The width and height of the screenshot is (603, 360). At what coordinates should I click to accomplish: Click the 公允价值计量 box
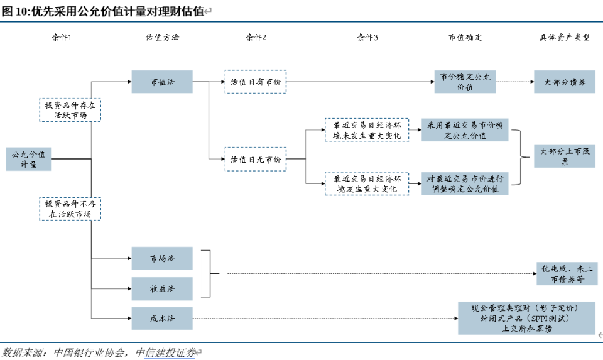tap(28, 159)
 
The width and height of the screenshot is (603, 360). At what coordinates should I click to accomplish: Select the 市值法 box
tap(162, 82)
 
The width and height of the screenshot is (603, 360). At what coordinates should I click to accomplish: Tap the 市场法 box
tap(162, 258)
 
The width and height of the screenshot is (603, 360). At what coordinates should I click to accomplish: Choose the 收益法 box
tap(162, 288)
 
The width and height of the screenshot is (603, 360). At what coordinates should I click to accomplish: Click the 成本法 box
tap(162, 319)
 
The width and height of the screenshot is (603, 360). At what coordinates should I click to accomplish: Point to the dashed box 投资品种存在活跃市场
tap(70, 110)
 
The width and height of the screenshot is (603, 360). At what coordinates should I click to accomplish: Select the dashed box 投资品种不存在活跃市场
tap(70, 209)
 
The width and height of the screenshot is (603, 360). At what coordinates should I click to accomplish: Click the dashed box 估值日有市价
tap(256, 82)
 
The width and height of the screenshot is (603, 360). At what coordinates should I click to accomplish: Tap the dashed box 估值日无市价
tap(256, 160)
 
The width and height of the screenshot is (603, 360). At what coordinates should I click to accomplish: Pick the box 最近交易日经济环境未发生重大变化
tap(366, 130)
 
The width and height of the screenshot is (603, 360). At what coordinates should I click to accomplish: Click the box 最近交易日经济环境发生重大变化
tap(366, 183)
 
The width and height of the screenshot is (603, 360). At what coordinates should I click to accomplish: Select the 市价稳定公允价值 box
tap(465, 82)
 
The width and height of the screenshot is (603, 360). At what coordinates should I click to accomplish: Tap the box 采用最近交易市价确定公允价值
tap(465, 130)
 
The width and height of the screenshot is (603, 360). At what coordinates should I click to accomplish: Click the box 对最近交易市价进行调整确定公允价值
tap(465, 183)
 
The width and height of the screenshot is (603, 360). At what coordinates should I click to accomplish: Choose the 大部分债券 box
tap(565, 82)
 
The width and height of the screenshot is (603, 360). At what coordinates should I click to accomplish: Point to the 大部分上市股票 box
tap(565, 156)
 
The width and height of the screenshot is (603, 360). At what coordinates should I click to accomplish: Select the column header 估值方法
tap(162, 38)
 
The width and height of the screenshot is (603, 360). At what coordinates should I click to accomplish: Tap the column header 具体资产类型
tap(565, 38)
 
